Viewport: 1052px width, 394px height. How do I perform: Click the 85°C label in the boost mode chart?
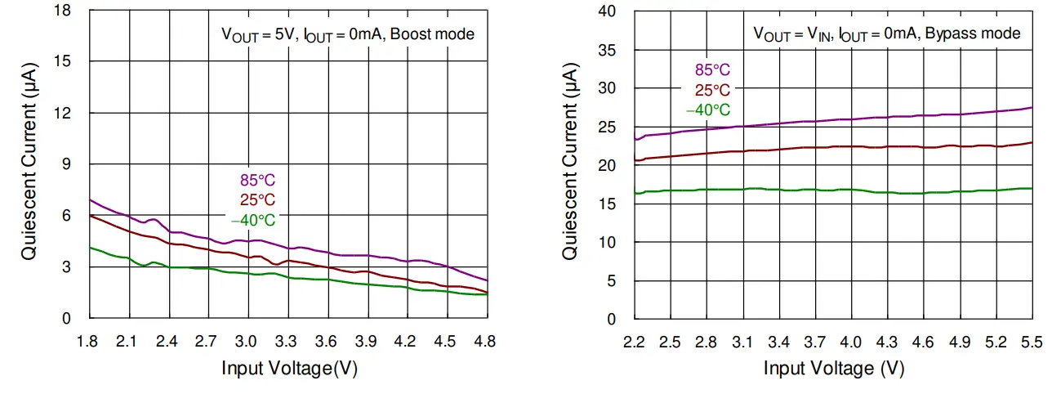pos(252,181)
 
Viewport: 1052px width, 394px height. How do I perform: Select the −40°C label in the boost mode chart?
pos(252,220)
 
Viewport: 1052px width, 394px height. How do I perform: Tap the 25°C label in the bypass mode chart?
pos(711,91)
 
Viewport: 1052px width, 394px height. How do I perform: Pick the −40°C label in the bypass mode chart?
pos(707,110)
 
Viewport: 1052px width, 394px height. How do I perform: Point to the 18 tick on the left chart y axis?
pos(62,11)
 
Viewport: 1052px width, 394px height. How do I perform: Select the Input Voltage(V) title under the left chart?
pos(289,369)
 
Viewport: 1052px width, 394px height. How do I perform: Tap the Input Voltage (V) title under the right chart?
pos(833,369)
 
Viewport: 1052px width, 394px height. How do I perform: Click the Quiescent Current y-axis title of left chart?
pos(29,163)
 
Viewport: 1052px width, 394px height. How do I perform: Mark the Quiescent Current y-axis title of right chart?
pos(570,163)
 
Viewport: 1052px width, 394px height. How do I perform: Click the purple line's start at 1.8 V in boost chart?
pos(89,199)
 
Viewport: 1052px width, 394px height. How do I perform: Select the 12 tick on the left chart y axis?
pos(62,113)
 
